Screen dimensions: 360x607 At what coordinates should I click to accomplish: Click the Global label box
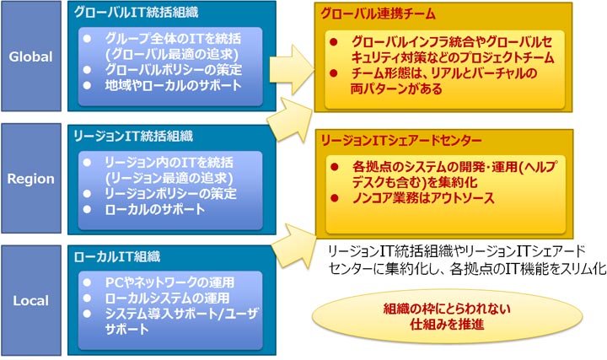31,57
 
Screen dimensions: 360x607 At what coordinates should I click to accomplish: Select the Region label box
31,179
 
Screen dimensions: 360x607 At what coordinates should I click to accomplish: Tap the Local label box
31,301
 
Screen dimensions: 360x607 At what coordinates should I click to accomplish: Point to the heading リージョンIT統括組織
135,135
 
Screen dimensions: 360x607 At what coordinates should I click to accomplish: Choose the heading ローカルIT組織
124,256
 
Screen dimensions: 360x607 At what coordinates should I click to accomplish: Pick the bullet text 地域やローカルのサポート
173,85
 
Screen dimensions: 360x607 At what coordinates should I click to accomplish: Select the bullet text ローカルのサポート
153,208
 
